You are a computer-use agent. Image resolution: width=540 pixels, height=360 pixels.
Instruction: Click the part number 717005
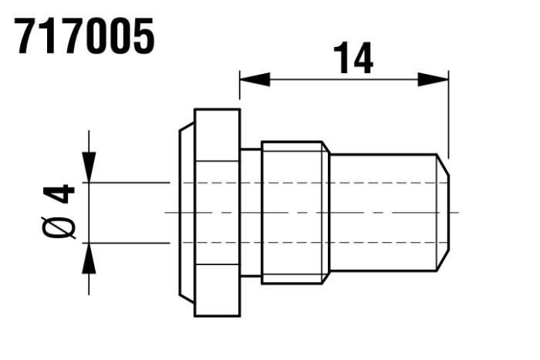click(x=84, y=35)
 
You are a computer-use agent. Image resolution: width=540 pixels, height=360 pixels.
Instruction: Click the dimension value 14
click(x=353, y=58)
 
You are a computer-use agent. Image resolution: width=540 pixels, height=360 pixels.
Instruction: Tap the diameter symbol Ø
click(x=59, y=228)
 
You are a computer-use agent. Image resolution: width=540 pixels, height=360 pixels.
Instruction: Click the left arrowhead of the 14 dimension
click(x=255, y=79)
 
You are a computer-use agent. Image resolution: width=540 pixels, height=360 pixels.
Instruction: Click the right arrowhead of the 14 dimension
click(x=433, y=79)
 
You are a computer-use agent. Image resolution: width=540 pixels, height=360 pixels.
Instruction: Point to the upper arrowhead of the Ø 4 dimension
click(x=89, y=167)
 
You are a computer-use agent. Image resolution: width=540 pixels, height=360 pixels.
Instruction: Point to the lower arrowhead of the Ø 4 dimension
click(x=89, y=258)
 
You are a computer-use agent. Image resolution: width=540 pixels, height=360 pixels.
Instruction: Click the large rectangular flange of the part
click(x=218, y=213)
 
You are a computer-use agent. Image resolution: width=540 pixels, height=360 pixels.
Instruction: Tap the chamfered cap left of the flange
click(x=187, y=213)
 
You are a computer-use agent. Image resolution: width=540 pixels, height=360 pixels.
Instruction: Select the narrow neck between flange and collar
click(x=251, y=213)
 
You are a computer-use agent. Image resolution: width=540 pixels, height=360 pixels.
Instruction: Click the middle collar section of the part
click(x=295, y=213)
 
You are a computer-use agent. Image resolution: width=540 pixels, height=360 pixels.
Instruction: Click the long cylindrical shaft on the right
click(x=383, y=213)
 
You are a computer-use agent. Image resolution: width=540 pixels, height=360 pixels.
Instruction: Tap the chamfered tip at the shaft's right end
click(x=443, y=213)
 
